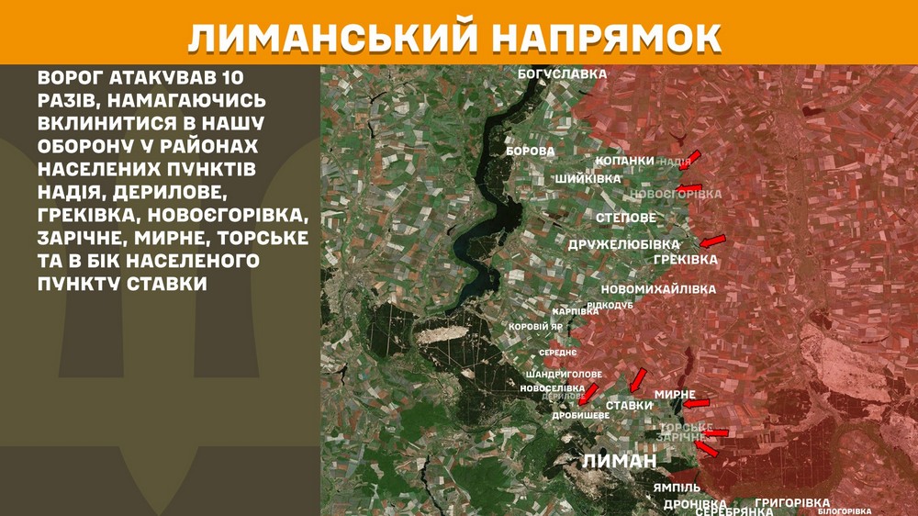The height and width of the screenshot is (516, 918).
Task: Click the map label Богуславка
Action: point(563,73)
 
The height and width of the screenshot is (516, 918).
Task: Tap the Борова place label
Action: point(530,151)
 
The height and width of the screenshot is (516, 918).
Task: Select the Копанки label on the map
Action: point(624,161)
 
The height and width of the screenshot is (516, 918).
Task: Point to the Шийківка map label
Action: point(588,178)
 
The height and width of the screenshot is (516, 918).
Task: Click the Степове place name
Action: point(626,218)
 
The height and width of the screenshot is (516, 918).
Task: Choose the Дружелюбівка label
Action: point(623,244)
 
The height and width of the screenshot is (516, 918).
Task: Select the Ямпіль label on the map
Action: point(677,487)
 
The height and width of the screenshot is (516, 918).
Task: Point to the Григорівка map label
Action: point(792,503)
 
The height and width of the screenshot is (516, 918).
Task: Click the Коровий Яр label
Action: point(535,327)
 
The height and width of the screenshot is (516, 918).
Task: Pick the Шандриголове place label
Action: point(564,376)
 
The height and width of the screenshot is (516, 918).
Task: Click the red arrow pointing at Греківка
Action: point(712,241)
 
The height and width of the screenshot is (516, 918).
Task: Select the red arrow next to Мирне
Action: point(697,403)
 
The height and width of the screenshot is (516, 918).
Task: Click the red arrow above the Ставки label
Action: point(638,379)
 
